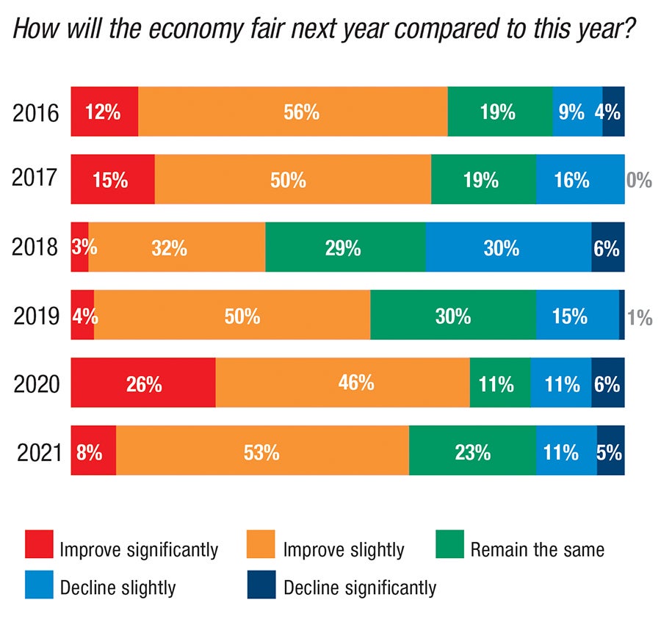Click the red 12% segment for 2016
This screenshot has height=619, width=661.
(104, 112)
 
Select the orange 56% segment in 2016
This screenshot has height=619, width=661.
(293, 112)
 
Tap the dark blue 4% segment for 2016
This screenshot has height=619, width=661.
(613, 112)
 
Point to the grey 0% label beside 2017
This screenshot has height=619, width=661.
(639, 180)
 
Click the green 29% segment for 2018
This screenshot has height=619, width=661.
(345, 247)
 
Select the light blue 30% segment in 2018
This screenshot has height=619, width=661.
(508, 247)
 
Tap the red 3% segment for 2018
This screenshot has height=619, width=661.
(79, 247)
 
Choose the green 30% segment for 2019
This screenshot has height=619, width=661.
(453, 315)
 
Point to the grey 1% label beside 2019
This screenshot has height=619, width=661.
(640, 316)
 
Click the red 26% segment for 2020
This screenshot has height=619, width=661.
(143, 383)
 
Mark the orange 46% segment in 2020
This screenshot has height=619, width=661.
(343, 383)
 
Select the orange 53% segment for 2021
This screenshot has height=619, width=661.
(262, 451)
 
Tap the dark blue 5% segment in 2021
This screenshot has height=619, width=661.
(610, 451)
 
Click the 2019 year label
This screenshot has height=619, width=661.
(37, 316)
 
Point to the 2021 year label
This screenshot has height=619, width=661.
(37, 452)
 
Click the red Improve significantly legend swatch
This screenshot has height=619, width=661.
(39, 548)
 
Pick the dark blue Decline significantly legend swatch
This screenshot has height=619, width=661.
(262, 587)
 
